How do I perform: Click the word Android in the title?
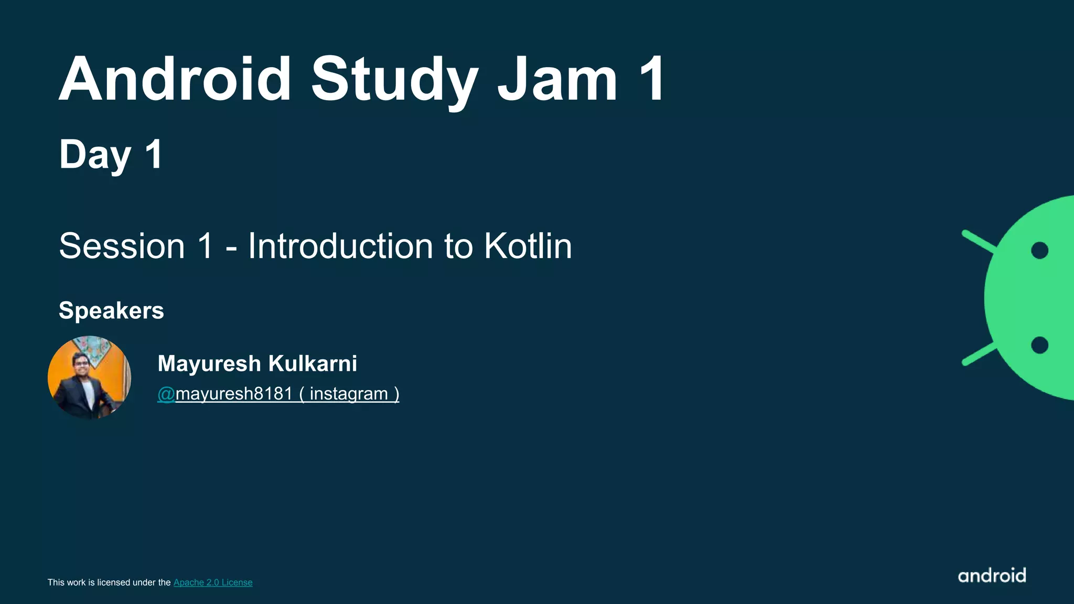[x=175, y=80]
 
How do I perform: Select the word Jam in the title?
[x=557, y=80]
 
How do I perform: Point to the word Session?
[x=122, y=246]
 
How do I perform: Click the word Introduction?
[x=340, y=246]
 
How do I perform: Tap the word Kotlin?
[x=528, y=246]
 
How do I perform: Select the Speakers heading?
[x=111, y=310]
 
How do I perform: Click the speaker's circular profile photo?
[x=89, y=377]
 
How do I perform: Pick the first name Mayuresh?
[x=209, y=363]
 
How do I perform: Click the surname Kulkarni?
[x=313, y=363]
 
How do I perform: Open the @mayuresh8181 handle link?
[x=225, y=394]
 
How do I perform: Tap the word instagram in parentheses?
[x=349, y=394]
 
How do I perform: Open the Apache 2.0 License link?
[x=213, y=583]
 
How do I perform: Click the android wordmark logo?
[x=992, y=576]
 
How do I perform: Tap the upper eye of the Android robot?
[x=1039, y=251]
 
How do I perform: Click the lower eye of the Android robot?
[x=1039, y=345]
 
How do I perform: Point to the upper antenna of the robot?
[x=979, y=242]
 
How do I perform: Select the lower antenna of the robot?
[x=979, y=354]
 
